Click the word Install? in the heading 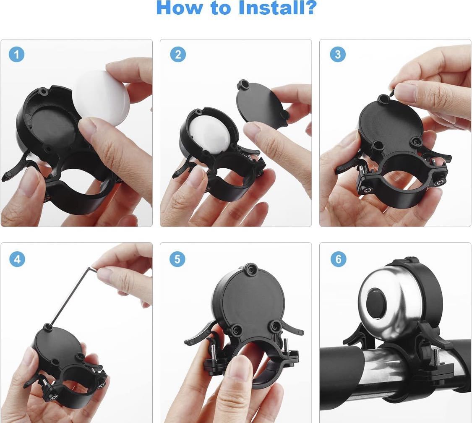tap(276, 8)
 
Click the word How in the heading tap(179, 8)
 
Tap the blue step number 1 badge tap(16, 55)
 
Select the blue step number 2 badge tap(178, 55)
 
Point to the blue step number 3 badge tap(338, 54)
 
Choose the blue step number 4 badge tap(17, 259)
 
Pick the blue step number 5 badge tap(177, 259)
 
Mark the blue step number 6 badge tap(338, 259)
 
